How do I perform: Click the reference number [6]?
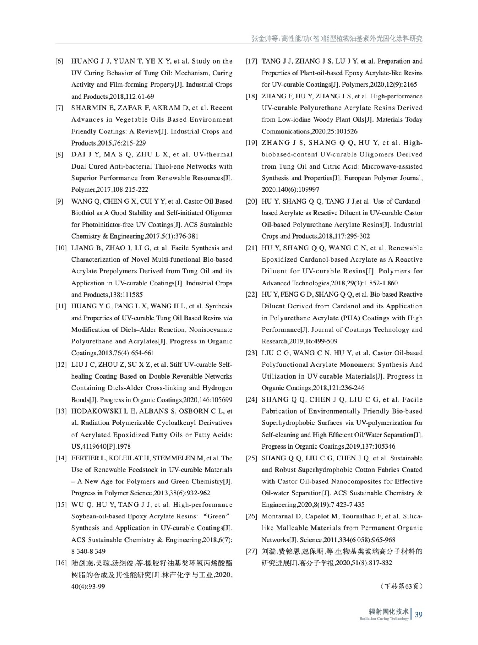point(59,61)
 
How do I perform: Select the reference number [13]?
point(61,411)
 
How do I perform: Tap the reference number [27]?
point(251,551)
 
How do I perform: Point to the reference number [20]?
point(251,201)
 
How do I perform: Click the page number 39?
point(418,615)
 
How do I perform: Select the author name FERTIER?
point(85,458)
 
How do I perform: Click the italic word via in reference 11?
point(228,318)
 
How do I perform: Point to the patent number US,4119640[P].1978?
point(101,446)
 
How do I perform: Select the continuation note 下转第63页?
point(401,586)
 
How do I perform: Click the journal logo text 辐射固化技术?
point(389,612)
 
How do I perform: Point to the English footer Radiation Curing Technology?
point(384,619)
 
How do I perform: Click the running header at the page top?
point(337,39)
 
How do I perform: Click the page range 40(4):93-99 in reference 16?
point(88,586)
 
